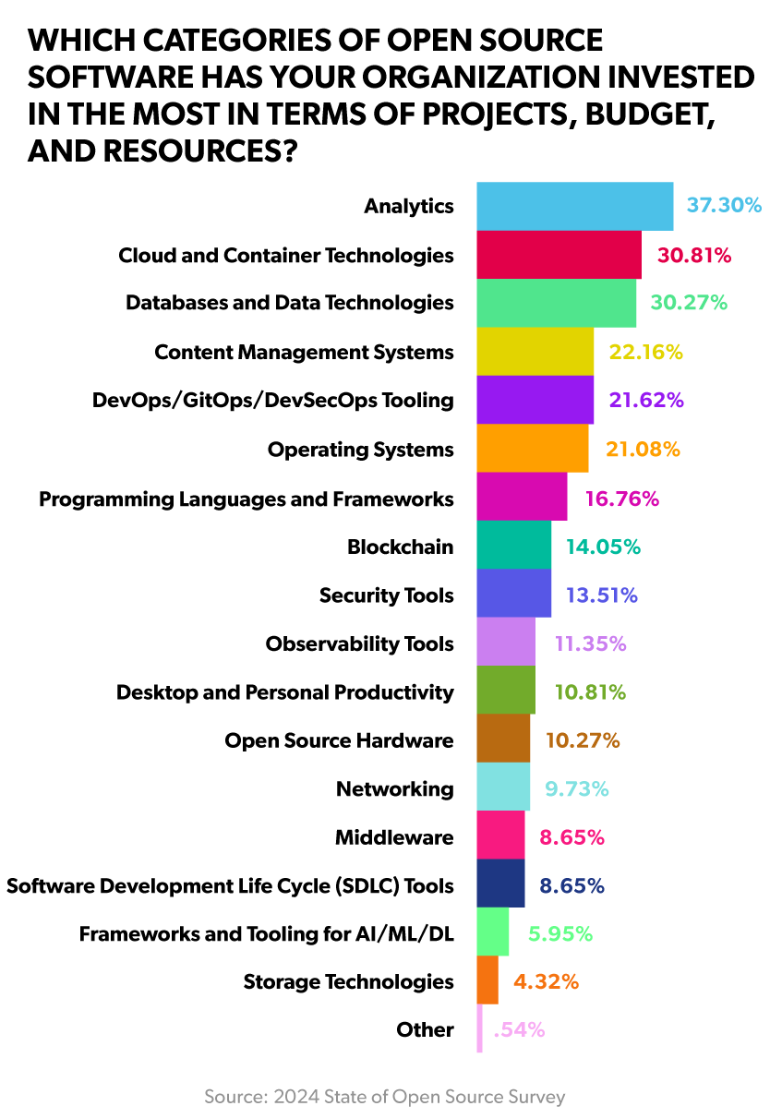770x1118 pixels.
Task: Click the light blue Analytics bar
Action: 574,206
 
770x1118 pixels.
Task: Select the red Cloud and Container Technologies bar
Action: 559,255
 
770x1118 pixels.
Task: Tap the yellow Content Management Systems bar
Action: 535,352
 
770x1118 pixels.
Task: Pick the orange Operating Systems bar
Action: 532,449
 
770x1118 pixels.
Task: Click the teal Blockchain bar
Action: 513,546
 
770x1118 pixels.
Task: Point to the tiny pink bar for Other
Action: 479,1028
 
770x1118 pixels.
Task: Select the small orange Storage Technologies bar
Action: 487,980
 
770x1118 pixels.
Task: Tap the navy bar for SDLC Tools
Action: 500,884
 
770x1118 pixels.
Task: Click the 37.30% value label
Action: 724,205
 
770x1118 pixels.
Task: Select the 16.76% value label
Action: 621,499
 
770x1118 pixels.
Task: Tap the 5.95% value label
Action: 560,933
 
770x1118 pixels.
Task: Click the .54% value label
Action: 519,1029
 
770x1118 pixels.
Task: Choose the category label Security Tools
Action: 386,595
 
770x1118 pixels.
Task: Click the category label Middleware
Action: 394,837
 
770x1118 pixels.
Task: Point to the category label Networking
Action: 394,789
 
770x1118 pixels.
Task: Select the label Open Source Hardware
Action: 339,740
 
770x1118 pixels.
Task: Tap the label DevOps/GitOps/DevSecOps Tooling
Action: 273,400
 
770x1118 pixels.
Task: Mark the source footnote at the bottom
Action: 384,1097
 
